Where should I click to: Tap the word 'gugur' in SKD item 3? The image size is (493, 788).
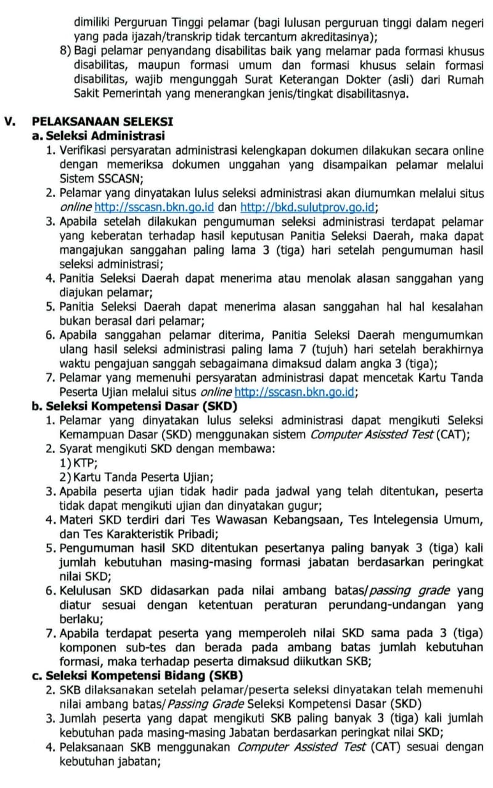pyautogui.click(x=308, y=506)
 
